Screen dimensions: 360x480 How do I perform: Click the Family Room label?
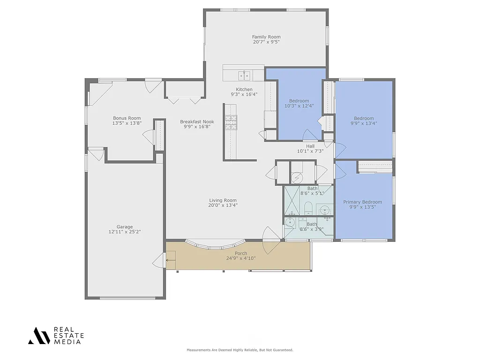266,37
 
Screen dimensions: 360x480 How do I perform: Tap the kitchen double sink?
244,75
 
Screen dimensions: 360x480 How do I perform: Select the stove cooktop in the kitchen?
231,122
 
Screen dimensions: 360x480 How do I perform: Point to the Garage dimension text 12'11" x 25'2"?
125,232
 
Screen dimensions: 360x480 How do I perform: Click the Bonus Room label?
127,118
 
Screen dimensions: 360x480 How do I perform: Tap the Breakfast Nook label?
197,121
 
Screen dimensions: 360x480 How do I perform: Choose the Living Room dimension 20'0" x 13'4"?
223,205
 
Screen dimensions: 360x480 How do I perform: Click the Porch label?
241,254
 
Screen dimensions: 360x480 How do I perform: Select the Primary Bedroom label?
362,202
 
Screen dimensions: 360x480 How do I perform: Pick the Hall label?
310,146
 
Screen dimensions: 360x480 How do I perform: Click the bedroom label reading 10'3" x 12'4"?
299,106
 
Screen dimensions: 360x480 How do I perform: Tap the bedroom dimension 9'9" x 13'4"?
364,123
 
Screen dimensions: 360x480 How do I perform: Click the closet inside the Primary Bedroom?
375,166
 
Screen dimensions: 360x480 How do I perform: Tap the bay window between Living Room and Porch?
216,244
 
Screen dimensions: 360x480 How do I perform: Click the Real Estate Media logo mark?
39,336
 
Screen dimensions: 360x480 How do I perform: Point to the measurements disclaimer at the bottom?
240,350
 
